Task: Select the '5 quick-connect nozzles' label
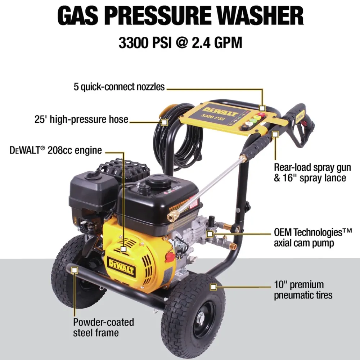pyautogui.click(x=119, y=87)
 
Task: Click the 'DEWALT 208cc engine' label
pyautogui.click(x=56, y=150)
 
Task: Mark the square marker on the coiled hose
pyautogui.click(x=164, y=122)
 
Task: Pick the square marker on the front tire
pyautogui.click(x=213, y=287)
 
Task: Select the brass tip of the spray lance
pyautogui.click(x=172, y=216)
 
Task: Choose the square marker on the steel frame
pyautogui.click(x=75, y=269)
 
